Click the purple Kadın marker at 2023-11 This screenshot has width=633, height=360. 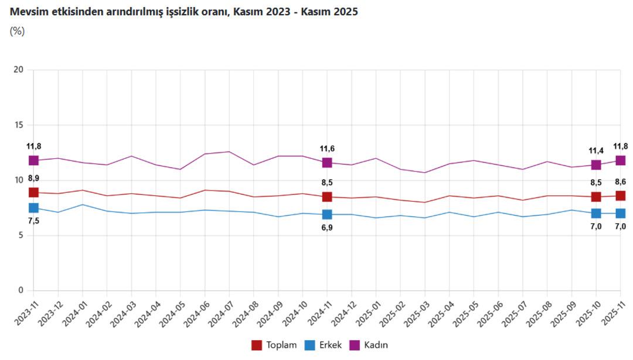click(x=33, y=160)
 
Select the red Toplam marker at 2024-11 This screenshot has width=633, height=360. click(x=327, y=197)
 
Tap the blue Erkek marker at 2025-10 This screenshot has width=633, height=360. click(x=596, y=213)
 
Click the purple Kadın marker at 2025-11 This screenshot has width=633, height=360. click(x=620, y=160)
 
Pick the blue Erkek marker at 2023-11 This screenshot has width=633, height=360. click(x=33, y=208)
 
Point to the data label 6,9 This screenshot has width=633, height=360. click(x=327, y=227)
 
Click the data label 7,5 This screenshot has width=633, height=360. click(x=33, y=221)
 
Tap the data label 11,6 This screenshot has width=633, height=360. click(x=327, y=149)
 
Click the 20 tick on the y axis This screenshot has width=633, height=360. click(x=19, y=70)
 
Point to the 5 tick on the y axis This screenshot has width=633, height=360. click(x=21, y=236)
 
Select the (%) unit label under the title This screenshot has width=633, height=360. click(x=18, y=32)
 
